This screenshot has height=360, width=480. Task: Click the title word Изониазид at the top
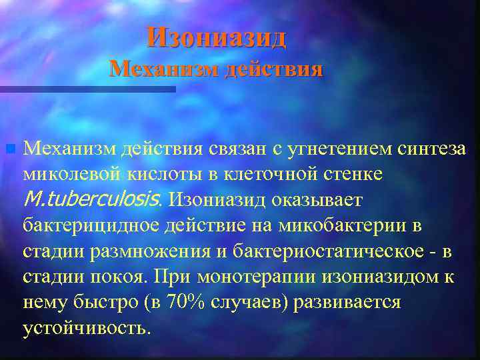click(x=217, y=37)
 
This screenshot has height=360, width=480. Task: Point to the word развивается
click(x=353, y=302)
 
